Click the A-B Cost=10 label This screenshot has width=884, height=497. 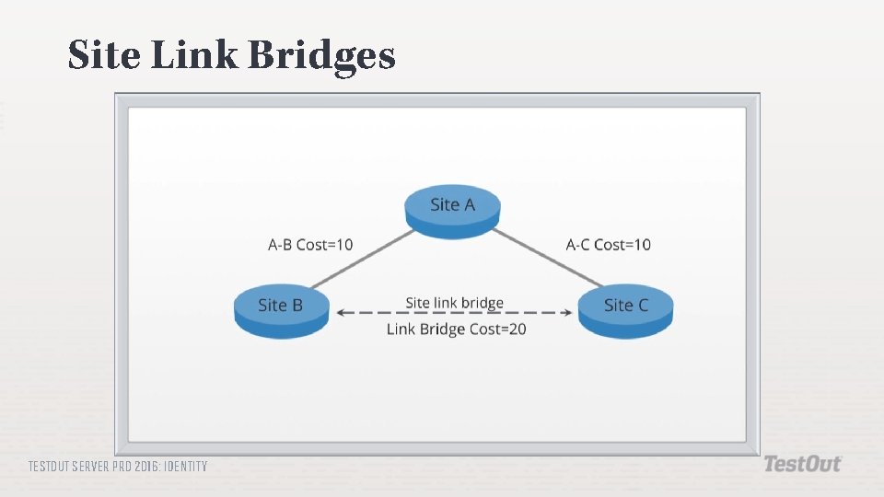point(310,245)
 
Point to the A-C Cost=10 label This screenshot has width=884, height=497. point(608,245)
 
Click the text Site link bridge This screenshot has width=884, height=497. point(455,303)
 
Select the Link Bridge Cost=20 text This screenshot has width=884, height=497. point(456,329)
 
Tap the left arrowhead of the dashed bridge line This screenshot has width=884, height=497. point(342,313)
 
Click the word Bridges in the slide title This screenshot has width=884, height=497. point(322,56)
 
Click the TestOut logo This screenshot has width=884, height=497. point(802,465)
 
